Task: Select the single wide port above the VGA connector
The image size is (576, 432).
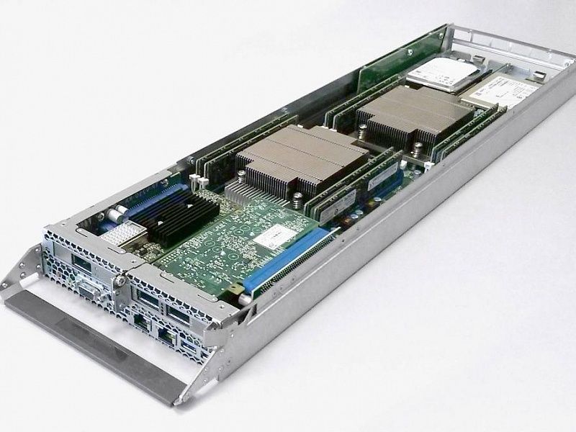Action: pyautogui.click(x=82, y=264)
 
